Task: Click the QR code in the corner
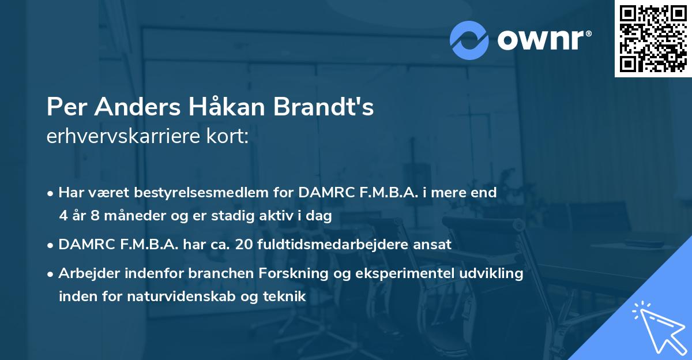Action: point(653,38)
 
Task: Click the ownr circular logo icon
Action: point(469,40)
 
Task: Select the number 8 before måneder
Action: point(94,216)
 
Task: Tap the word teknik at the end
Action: point(283,297)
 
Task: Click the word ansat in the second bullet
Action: point(433,245)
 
